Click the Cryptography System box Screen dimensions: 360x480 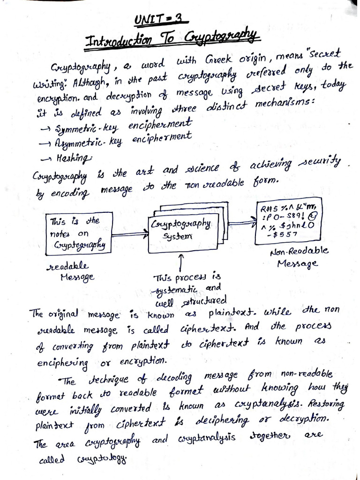(x=183, y=231)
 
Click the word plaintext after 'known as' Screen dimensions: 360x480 (x=226, y=313)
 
